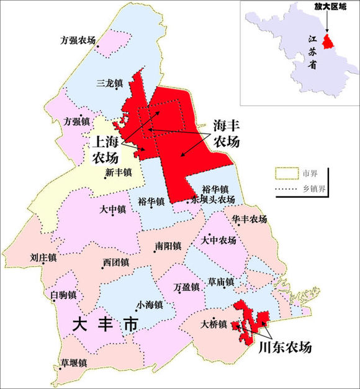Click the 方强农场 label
[78, 41]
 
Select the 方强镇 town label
[76, 122]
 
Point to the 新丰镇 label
[119, 172]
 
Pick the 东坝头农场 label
[213, 200]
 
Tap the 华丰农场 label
[250, 220]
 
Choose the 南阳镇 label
[168, 246]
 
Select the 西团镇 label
[115, 263]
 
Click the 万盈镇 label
[186, 287]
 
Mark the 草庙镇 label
[220, 282]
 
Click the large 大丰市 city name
[105, 324]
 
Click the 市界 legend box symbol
[286, 171]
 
